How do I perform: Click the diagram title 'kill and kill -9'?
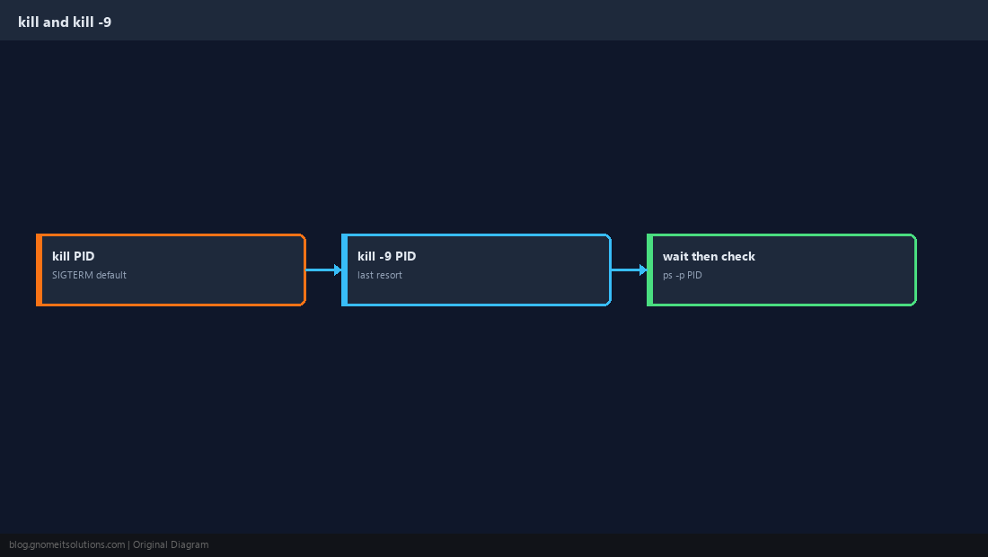65,22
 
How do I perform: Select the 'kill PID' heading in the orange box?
73,256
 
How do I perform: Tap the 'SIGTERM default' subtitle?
89,275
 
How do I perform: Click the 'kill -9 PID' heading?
386,256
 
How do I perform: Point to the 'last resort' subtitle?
379,275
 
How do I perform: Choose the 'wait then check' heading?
709,256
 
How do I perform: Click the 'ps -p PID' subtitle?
682,275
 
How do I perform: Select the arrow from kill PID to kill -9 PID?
324,270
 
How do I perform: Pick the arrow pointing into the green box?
629,270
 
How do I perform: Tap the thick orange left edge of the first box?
39,270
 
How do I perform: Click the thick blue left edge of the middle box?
344,270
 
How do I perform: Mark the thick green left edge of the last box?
649,270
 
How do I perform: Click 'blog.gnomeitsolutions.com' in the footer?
66,545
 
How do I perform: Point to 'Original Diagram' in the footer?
170,545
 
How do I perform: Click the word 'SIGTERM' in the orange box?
73,275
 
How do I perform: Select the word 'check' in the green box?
737,256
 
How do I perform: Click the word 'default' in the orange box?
111,275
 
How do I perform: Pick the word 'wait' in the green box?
675,256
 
